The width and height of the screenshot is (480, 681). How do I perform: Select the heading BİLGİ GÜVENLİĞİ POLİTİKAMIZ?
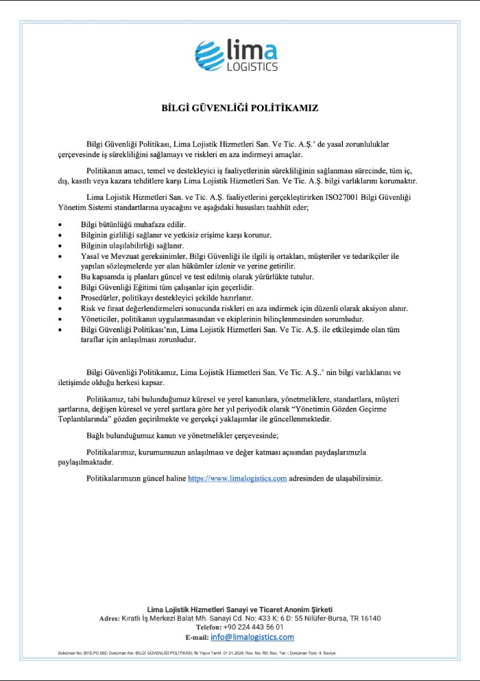[240, 108]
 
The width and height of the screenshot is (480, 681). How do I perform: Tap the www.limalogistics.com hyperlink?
[237, 478]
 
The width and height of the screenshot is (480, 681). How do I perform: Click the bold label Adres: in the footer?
[110, 619]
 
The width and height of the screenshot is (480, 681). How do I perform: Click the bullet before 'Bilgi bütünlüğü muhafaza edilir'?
[60, 224]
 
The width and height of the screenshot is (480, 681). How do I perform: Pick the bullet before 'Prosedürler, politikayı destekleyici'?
[60, 299]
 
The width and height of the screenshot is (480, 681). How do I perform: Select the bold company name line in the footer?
[240, 609]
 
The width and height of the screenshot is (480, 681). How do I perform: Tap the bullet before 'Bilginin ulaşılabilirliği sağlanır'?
[60, 246]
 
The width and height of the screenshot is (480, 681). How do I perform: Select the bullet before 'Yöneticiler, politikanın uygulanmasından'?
[60, 319]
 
